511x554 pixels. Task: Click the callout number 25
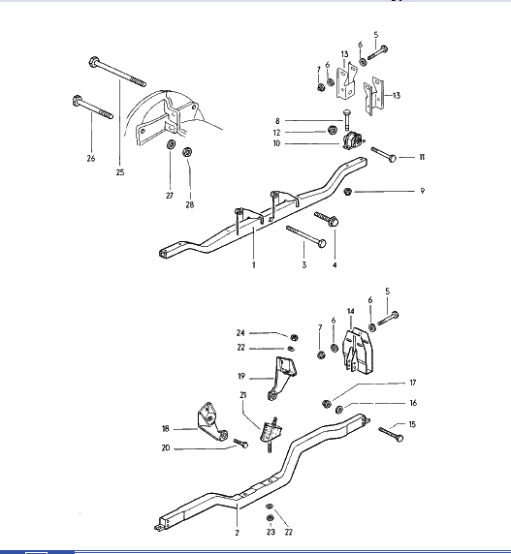[120, 172]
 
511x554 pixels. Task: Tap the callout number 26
[91, 158]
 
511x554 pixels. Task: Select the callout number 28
[189, 204]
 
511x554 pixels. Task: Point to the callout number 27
[170, 196]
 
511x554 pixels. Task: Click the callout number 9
[422, 191]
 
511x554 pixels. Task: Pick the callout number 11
[422, 157]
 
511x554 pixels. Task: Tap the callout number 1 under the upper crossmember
[253, 264]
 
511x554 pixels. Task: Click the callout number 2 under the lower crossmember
[237, 533]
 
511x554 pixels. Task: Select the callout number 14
[351, 311]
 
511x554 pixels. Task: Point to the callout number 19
[241, 377]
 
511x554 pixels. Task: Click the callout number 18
[166, 428]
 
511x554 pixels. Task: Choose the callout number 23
[271, 532]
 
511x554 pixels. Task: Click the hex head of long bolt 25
[94, 63]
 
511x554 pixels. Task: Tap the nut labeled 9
[348, 192]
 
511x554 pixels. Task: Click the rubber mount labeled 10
[353, 140]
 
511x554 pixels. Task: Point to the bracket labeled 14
[358, 352]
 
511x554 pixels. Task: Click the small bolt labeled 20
[240, 443]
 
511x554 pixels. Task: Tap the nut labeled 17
[327, 404]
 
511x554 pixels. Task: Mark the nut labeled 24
[294, 338]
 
